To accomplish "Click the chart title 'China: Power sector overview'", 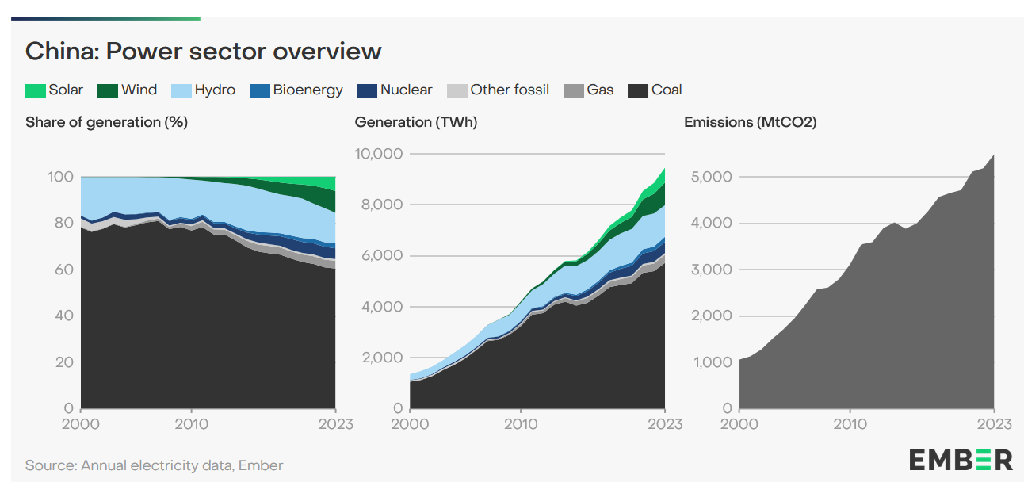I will [x=204, y=52].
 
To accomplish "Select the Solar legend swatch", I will [x=35, y=90].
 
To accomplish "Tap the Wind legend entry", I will [x=128, y=90].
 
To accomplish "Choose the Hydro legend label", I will [x=216, y=90].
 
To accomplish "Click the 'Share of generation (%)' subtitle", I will [x=106, y=122].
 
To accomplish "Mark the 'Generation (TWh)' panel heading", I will [x=416, y=122].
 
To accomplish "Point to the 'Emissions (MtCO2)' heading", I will [x=750, y=122].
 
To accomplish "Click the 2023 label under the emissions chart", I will [x=994, y=424].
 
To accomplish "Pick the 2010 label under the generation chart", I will [x=520, y=424].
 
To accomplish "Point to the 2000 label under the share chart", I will [x=82, y=424].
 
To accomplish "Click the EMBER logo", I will [x=961, y=460].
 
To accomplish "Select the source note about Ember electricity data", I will [x=154, y=465].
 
